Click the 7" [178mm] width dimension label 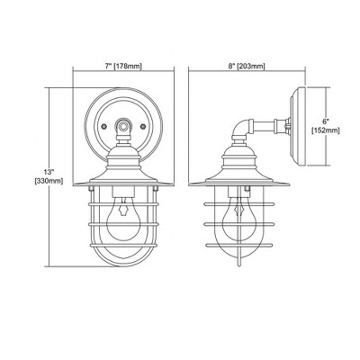point(123,67)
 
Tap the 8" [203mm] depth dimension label point(247,67)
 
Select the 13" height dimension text point(49,172)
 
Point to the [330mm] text point(49,181)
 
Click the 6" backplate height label point(326,122)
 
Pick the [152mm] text point(326,130)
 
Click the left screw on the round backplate point(103,126)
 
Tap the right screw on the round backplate point(143,126)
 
